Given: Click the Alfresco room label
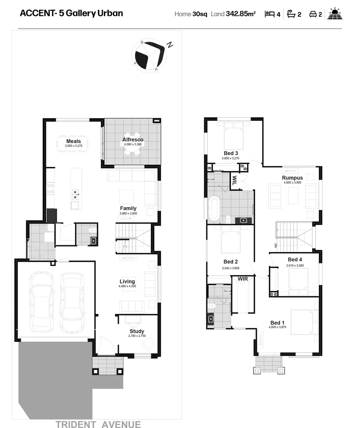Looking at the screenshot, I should click(x=133, y=140).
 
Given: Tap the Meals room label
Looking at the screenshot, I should click(x=74, y=141).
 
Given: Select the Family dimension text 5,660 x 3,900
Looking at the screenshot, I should click(x=128, y=213).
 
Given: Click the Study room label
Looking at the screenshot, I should click(x=137, y=331).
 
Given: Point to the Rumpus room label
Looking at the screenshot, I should click(x=292, y=178).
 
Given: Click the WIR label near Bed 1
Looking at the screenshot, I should click(x=242, y=279).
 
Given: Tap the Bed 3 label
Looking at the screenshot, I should click(x=230, y=153).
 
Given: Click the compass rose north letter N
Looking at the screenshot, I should click(x=170, y=45).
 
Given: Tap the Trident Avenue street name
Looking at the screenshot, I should click(x=98, y=424).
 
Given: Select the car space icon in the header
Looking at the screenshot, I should click(x=313, y=14).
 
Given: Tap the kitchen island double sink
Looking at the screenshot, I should click(x=75, y=194).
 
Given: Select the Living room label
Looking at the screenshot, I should click(x=128, y=282).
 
